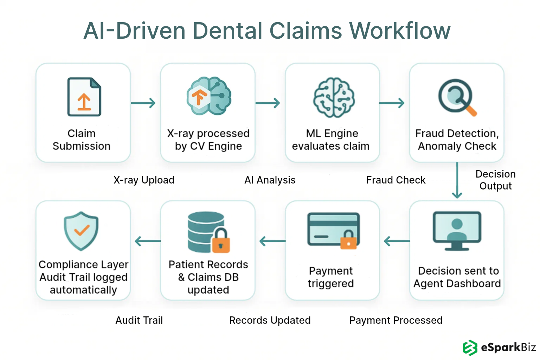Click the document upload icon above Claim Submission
[x=84, y=97]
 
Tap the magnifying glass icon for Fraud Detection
[x=456, y=97]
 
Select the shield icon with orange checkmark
[x=81, y=231]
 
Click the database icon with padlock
[x=208, y=232]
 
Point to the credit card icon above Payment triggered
[x=333, y=230]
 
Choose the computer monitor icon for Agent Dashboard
[x=457, y=231]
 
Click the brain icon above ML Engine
[x=334, y=97]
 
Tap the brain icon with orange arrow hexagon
[x=208, y=96]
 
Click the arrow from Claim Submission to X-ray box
[x=143, y=103]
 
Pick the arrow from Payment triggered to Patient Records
[x=272, y=241]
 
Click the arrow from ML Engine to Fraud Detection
[x=392, y=103]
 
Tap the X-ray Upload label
[x=144, y=180]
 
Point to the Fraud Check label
[x=396, y=180]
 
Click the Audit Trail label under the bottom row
[x=139, y=320]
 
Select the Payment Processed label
[x=396, y=320]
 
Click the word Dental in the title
[x=227, y=31]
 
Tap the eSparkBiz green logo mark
[x=470, y=348]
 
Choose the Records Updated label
[x=270, y=320]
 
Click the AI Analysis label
[x=270, y=180]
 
